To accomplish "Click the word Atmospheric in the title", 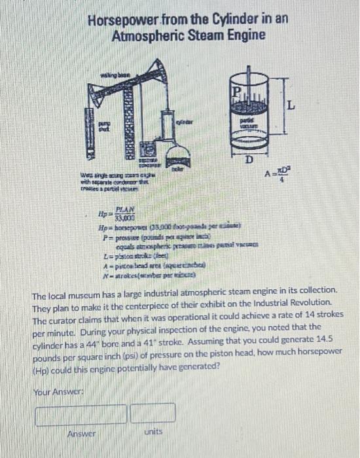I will click(x=143, y=35).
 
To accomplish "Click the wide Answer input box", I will click(x=81, y=414).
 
